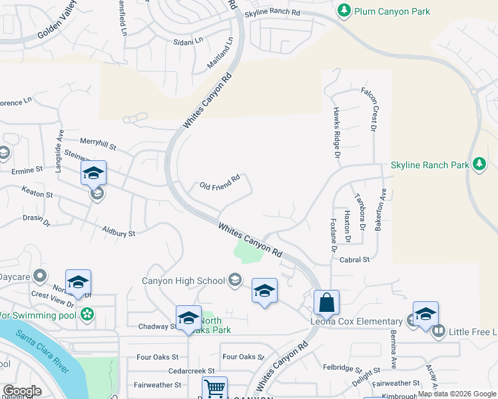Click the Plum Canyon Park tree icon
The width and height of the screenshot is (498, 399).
(x=344, y=11)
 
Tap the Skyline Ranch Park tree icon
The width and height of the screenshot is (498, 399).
(x=479, y=164)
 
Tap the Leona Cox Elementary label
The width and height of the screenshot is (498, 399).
(x=356, y=322)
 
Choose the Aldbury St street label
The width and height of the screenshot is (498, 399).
(x=119, y=232)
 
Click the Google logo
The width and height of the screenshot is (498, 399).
(x=22, y=391)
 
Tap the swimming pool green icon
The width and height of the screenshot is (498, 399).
(x=87, y=313)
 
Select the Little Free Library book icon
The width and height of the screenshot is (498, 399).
(x=438, y=331)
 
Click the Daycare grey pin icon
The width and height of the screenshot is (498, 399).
(x=39, y=275)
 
